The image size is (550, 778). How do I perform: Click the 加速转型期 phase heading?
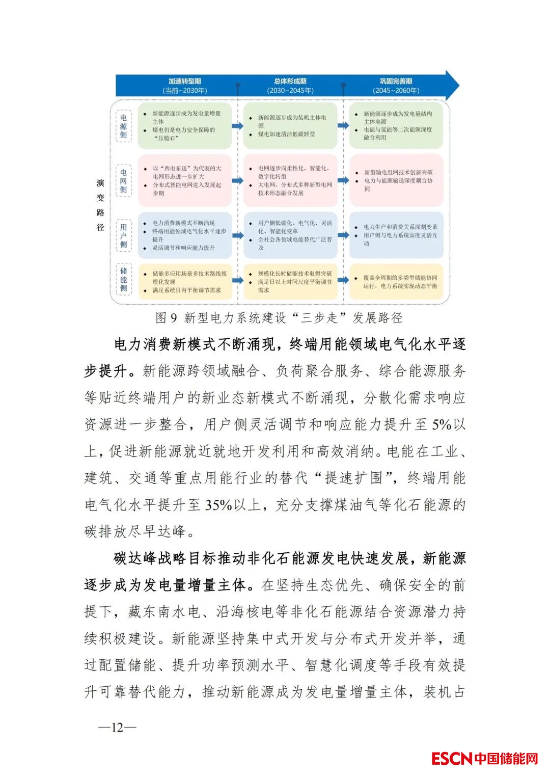coord(184,81)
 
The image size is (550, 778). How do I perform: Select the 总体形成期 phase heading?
coord(290,81)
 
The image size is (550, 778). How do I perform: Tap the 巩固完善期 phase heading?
coord(396,81)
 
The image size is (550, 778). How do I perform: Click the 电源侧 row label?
coord(123,126)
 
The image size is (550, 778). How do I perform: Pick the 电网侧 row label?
coord(123,181)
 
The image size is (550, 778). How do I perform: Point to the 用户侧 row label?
coord(123,235)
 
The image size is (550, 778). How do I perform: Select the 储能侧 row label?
coord(123,280)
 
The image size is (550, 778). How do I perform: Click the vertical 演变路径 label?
coord(100,205)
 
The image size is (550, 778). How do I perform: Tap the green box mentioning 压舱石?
coord(184,126)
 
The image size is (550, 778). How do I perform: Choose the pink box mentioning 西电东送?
coord(184,181)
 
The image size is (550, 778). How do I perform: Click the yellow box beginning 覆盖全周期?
coord(396,282)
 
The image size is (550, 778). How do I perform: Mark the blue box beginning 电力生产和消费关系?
coord(396,235)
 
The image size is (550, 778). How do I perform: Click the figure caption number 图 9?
coord(167,318)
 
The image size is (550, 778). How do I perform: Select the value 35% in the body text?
coord(218,505)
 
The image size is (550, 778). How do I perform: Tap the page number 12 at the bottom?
coord(117,727)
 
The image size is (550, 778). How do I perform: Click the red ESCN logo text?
coord(452,759)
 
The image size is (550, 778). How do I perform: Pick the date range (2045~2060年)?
coord(396,91)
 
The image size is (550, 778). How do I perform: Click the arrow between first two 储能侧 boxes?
coord(238,280)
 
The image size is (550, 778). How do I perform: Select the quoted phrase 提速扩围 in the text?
coord(354,478)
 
